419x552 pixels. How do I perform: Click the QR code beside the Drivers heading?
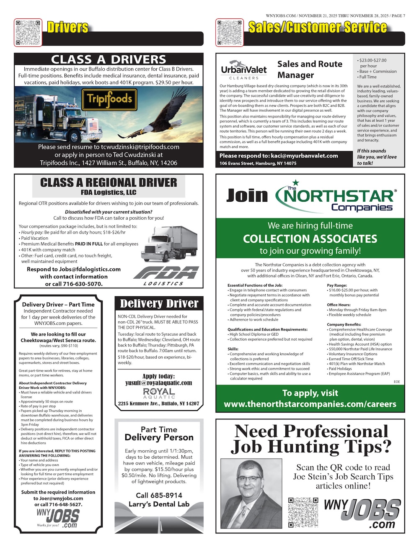pyautogui.click(x=28, y=32)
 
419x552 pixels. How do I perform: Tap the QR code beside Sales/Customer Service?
pyautogui.click(x=230, y=32)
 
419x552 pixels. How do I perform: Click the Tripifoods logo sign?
pyautogui.click(x=110, y=100)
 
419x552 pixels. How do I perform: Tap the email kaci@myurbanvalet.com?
pyautogui.click(x=304, y=156)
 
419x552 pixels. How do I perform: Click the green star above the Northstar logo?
pyautogui.click(x=295, y=182)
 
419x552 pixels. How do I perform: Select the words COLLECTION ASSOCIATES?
pyautogui.click(x=310, y=239)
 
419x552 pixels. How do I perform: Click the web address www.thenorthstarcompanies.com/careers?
pyautogui.click(x=310, y=404)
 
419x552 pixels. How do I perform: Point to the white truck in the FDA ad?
pyautogui.click(x=171, y=247)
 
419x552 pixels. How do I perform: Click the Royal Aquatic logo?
pyautogui.click(x=159, y=393)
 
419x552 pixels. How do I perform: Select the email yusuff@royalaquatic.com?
pyautogui.click(x=159, y=383)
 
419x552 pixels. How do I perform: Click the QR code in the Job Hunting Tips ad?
pyautogui.click(x=303, y=512)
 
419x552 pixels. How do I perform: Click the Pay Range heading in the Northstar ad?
pyautogui.click(x=337, y=285)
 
